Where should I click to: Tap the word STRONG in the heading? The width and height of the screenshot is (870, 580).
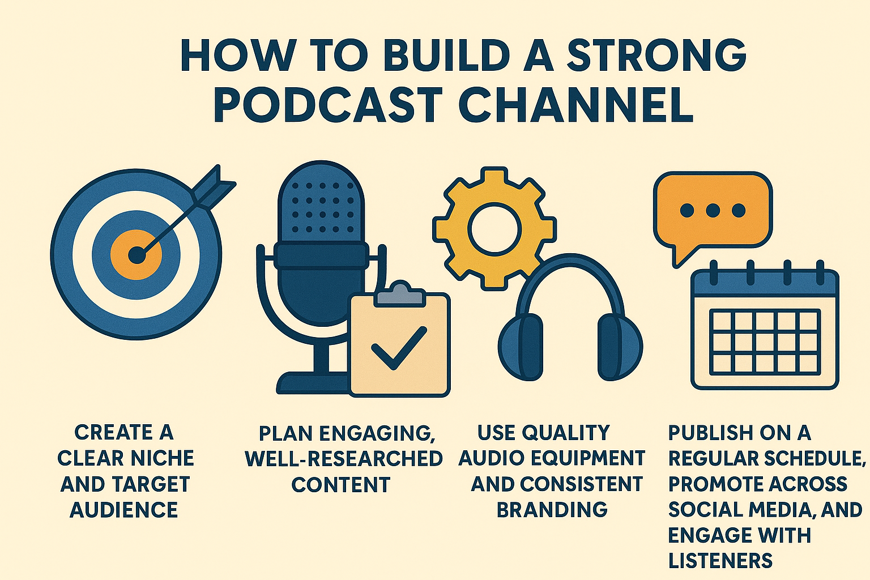pyautogui.click(x=656, y=56)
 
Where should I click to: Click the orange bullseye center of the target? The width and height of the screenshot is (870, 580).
pyautogui.click(x=136, y=255)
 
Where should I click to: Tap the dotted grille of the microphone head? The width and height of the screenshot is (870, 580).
pyautogui.click(x=321, y=207)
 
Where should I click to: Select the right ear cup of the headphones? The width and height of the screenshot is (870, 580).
pyautogui.click(x=619, y=347)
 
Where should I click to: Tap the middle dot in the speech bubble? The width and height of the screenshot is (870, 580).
pyautogui.click(x=713, y=211)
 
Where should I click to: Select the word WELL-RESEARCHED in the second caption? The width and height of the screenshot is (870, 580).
pyautogui.click(x=344, y=459)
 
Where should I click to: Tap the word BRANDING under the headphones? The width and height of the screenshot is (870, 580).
pyautogui.click(x=552, y=510)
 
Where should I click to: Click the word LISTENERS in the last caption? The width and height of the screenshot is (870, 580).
pyautogui.click(x=720, y=561)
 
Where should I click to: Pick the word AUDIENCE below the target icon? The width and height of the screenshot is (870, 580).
pyautogui.click(x=124, y=510)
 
